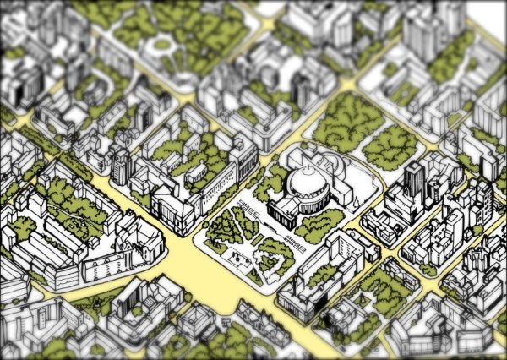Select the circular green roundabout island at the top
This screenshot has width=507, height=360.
point(161,43)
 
